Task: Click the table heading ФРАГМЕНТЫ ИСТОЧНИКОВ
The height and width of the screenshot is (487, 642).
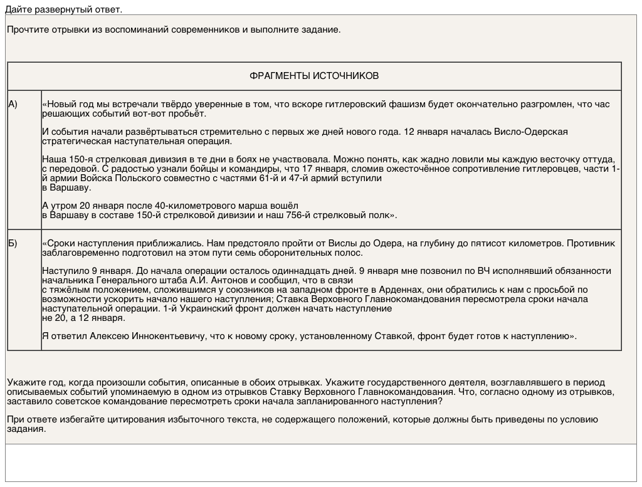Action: tap(314, 76)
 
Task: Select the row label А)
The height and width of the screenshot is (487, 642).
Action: tap(13, 104)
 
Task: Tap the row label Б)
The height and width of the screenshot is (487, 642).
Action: tap(13, 243)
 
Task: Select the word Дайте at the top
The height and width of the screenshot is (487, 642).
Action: tap(18, 9)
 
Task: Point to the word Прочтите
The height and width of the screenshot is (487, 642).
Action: tap(26, 29)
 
